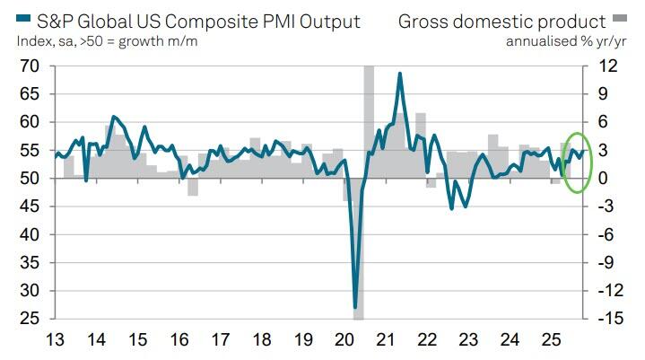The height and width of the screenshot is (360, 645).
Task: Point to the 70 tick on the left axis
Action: pos(29,66)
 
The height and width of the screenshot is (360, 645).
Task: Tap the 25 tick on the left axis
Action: pos(29,319)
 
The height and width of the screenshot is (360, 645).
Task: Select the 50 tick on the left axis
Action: pos(29,178)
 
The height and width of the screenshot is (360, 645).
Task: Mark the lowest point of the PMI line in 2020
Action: pos(355,307)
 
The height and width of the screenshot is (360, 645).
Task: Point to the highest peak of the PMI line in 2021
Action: pos(399,74)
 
